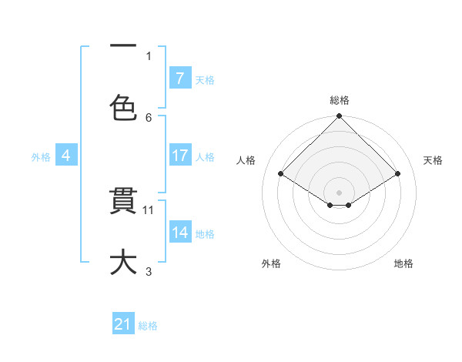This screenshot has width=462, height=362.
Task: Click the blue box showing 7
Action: click(179, 79)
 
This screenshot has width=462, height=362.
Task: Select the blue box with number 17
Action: click(179, 156)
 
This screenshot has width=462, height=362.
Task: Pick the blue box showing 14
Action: click(179, 233)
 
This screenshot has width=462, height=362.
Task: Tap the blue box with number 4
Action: click(66, 156)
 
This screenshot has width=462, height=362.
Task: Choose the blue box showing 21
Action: click(123, 325)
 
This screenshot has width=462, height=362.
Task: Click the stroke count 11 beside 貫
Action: click(149, 209)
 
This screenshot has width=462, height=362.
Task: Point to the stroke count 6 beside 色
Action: click(149, 117)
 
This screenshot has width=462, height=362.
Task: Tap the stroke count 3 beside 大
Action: click(149, 271)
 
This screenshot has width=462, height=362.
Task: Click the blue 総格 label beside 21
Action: click(148, 326)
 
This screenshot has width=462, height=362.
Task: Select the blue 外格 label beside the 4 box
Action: click(41, 156)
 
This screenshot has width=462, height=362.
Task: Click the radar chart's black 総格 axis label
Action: click(340, 100)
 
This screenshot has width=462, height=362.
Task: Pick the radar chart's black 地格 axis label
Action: click(403, 263)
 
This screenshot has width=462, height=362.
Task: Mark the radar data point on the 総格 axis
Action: click(340, 116)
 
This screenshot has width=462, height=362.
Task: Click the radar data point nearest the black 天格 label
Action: click(398, 174)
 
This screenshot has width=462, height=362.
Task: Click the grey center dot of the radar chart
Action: click(340, 191)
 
